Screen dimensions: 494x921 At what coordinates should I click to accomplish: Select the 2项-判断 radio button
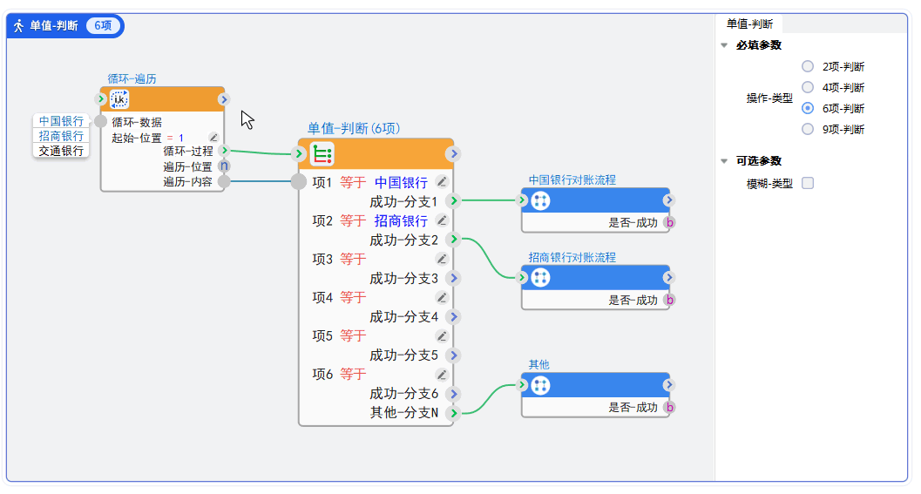point(808,66)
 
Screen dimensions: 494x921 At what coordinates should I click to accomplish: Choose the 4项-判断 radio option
point(808,87)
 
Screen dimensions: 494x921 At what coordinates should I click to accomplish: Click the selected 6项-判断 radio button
point(808,108)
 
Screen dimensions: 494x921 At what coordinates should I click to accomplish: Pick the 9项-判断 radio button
point(808,129)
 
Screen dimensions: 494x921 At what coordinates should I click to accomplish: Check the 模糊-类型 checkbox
point(808,183)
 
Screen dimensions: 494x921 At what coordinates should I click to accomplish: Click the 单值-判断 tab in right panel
point(749,24)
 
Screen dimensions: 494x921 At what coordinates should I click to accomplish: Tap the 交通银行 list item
point(61,151)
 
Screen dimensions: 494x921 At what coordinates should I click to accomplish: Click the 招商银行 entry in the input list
point(61,136)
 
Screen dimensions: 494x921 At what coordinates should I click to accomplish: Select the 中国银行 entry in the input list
point(61,121)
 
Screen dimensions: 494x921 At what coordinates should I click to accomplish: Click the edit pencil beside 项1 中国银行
point(442,182)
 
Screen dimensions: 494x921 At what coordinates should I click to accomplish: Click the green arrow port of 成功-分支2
point(453,240)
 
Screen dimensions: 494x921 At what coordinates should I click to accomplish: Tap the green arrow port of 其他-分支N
point(453,412)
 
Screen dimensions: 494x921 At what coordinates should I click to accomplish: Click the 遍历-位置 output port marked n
point(224,166)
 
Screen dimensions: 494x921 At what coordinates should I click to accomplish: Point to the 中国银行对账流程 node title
point(572,179)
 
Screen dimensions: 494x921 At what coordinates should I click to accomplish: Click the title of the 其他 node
point(538,364)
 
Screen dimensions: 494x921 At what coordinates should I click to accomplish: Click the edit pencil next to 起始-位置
point(213,138)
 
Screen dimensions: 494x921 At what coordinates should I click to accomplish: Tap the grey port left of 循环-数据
point(101,122)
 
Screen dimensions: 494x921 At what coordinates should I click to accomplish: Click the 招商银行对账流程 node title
point(572,258)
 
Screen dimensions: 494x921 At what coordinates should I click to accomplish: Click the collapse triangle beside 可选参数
point(724,161)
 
